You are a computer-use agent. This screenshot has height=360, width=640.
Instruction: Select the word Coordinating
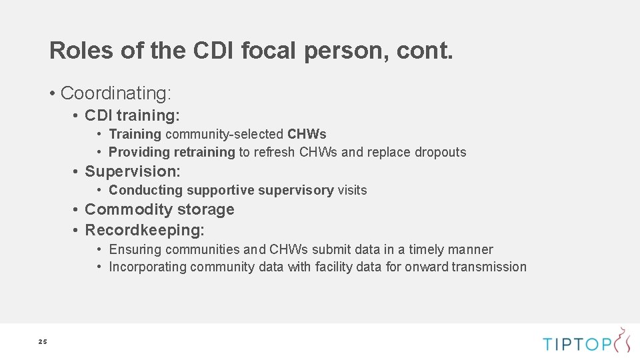[115, 92]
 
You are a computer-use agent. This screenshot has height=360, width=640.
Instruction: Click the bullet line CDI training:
[132, 116]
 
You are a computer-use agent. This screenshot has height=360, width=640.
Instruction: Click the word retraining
[205, 152]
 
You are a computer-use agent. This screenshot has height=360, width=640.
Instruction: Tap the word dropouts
[440, 152]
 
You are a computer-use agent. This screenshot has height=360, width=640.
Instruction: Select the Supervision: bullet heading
[132, 171]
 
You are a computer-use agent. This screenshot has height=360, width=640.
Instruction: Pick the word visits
[352, 190]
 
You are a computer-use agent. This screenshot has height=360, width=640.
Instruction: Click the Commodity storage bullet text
[159, 209]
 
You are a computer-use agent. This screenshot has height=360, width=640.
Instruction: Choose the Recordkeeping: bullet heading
[145, 231]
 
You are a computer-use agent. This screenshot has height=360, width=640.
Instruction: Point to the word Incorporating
[147, 267]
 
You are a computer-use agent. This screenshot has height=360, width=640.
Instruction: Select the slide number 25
[43, 342]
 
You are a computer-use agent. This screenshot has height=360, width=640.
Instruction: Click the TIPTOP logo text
[577, 344]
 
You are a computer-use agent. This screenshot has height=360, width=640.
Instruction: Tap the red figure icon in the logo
[623, 340]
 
